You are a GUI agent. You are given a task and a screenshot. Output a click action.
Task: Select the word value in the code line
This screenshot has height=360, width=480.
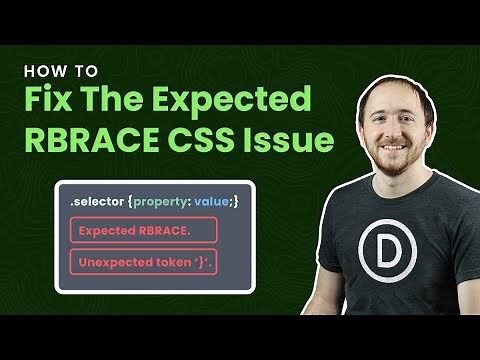(212, 203)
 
